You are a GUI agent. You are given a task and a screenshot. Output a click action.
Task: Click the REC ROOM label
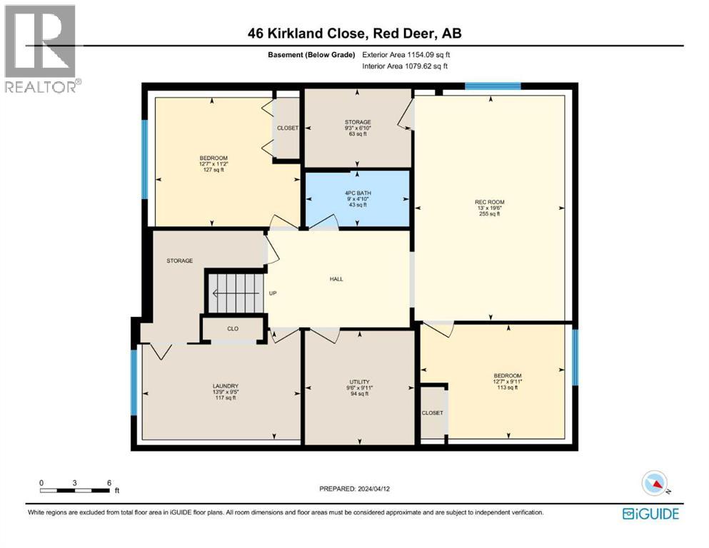489,202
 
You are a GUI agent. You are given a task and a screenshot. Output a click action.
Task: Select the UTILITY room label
358,382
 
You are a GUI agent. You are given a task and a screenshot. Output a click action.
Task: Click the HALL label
336,279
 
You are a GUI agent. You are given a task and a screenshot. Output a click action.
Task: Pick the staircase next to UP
235,292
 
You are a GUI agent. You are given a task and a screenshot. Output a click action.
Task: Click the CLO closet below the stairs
232,329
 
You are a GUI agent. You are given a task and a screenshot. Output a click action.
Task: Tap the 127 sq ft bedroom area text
213,170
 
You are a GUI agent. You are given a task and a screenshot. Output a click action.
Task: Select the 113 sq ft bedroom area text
507,388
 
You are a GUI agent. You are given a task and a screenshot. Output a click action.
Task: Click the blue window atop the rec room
493,86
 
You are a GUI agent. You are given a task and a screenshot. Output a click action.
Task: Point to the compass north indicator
655,484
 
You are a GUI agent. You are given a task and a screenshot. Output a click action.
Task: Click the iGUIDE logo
650,514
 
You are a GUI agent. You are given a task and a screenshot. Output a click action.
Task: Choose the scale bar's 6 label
109,483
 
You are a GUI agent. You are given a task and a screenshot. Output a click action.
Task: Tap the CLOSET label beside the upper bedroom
287,128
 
